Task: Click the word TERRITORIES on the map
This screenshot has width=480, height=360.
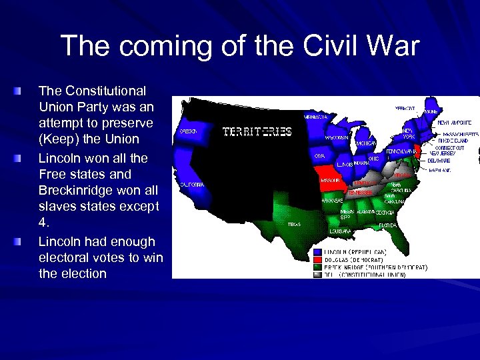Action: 257,132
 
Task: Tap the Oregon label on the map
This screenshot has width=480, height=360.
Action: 188,131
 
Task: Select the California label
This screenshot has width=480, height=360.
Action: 191,184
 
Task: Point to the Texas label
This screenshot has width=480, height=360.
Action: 293,225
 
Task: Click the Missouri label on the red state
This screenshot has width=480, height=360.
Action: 329,180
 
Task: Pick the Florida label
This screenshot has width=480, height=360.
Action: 387,225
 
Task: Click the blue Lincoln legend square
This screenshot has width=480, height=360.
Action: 317,252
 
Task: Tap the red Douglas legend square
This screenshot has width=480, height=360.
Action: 317,259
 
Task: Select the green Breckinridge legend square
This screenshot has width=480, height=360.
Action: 317,267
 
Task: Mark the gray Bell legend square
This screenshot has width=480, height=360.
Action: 317,274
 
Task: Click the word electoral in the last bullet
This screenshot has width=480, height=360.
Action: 69,257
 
